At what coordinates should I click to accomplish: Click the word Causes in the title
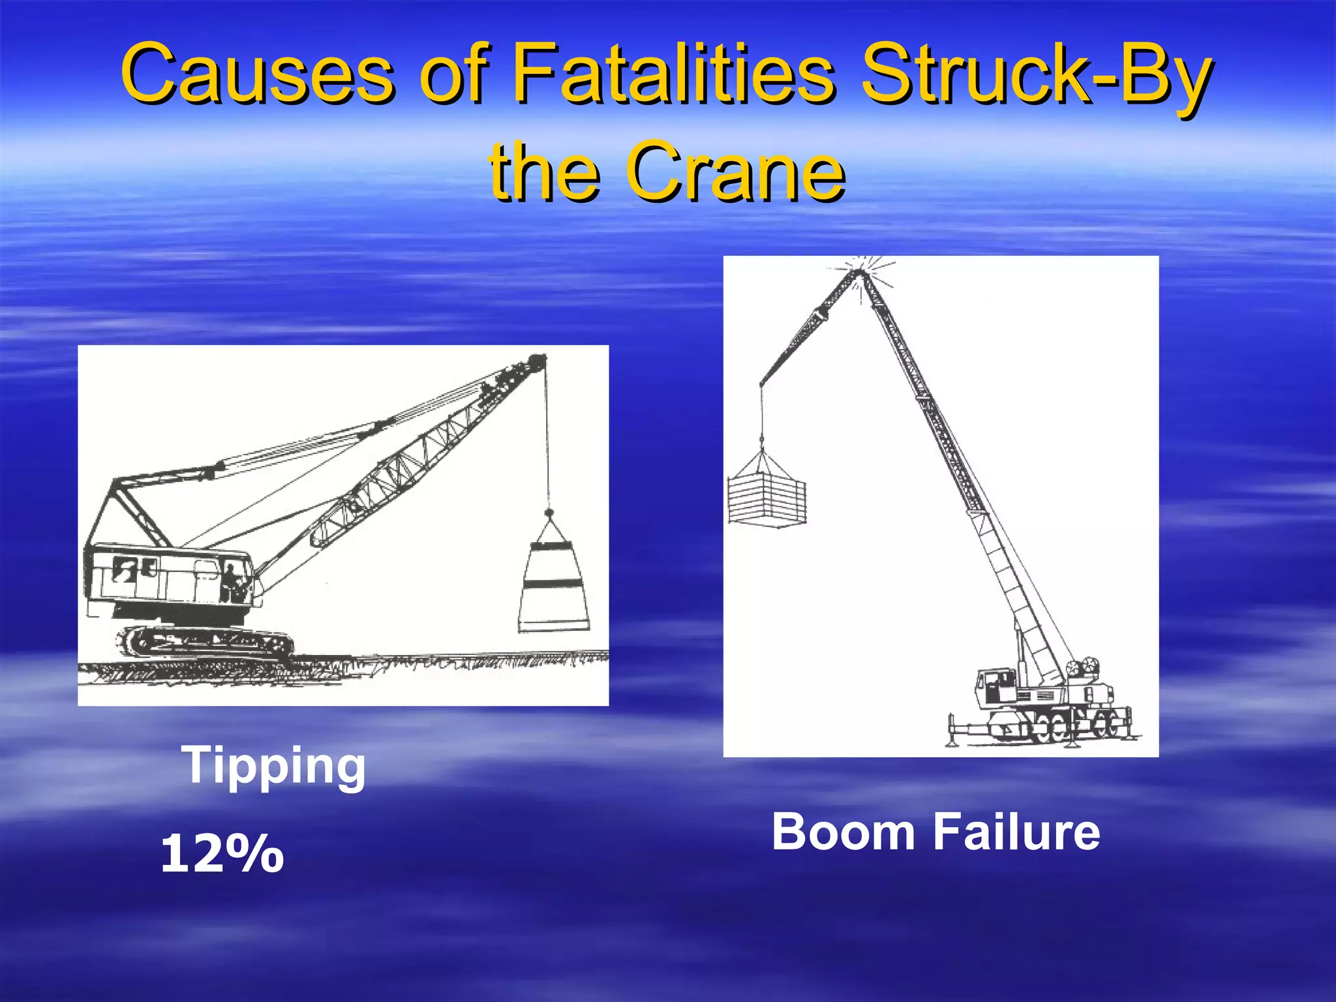pos(258,73)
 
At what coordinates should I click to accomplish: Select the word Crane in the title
pos(735,172)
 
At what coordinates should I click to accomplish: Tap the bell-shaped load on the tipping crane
pos(553,584)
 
